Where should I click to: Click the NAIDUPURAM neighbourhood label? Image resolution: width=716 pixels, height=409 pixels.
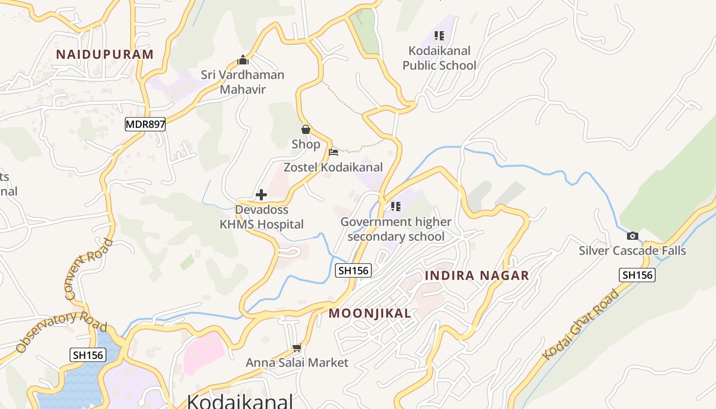click(105, 55)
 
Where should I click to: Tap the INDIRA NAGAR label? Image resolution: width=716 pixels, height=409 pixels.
click(477, 276)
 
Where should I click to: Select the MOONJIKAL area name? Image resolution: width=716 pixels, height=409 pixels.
click(370, 313)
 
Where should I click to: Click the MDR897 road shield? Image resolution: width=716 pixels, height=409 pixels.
click(145, 124)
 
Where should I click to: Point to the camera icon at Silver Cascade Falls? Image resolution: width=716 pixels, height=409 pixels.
click(633, 236)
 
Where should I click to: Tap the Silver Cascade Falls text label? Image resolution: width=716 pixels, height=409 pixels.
click(632, 251)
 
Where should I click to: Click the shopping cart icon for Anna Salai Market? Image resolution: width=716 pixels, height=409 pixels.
click(297, 348)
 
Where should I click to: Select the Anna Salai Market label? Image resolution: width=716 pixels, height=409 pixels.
click(297, 363)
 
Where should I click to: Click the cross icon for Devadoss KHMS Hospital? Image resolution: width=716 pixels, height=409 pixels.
click(261, 195)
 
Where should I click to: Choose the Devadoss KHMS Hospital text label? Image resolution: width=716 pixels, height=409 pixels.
click(262, 217)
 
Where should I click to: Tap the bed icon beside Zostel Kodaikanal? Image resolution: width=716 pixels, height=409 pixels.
click(333, 152)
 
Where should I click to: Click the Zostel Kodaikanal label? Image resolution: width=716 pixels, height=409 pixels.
click(333, 167)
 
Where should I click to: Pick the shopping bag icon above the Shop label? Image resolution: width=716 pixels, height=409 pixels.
click(306, 130)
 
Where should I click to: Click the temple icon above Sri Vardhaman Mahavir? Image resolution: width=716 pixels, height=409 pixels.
click(243, 60)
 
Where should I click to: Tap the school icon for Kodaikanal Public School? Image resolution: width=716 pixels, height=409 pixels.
click(439, 36)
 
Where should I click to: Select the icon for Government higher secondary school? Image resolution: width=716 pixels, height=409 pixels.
click(395, 207)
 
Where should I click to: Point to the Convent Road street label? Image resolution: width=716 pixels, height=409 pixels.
click(88, 269)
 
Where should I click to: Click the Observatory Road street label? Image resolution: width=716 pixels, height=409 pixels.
click(61, 332)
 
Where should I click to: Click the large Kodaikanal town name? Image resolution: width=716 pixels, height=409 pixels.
click(240, 401)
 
